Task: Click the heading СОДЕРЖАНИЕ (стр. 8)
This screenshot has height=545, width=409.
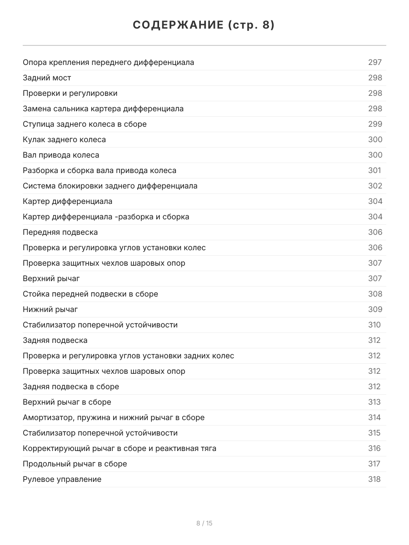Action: (x=204, y=25)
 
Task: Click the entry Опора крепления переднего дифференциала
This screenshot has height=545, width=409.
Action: (x=108, y=62)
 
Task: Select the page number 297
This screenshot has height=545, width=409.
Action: (x=375, y=62)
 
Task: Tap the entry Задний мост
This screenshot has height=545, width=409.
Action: (x=47, y=78)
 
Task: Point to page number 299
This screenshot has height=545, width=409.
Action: (x=375, y=124)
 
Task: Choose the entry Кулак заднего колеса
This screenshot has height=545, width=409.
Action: (x=64, y=139)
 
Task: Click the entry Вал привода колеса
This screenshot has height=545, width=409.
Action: (x=61, y=155)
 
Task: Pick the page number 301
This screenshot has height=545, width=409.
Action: (x=374, y=170)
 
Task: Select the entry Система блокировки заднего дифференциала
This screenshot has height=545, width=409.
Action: (x=110, y=186)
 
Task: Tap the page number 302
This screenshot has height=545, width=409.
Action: (x=375, y=186)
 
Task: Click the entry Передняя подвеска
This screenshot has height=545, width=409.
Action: (x=60, y=232)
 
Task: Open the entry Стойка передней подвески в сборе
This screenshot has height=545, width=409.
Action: (x=90, y=294)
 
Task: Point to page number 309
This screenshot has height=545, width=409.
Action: (x=375, y=309)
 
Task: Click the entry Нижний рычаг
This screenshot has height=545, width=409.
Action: (x=50, y=309)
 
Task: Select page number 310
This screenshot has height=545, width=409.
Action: (x=374, y=325)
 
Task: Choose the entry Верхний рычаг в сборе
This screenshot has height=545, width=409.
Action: (x=67, y=402)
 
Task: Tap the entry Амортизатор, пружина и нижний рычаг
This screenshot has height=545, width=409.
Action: (x=114, y=417)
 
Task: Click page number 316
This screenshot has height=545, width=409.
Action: (x=374, y=448)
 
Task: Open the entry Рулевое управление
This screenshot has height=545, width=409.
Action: (x=62, y=479)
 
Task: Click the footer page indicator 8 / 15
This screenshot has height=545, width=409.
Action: (x=204, y=523)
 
